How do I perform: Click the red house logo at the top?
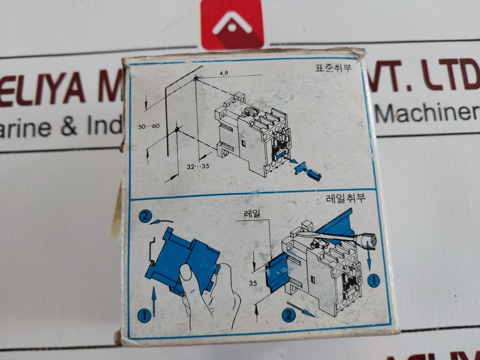pos(232,24)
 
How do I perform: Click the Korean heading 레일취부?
pos(346,198)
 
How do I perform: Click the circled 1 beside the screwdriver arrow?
pos(373,281)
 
